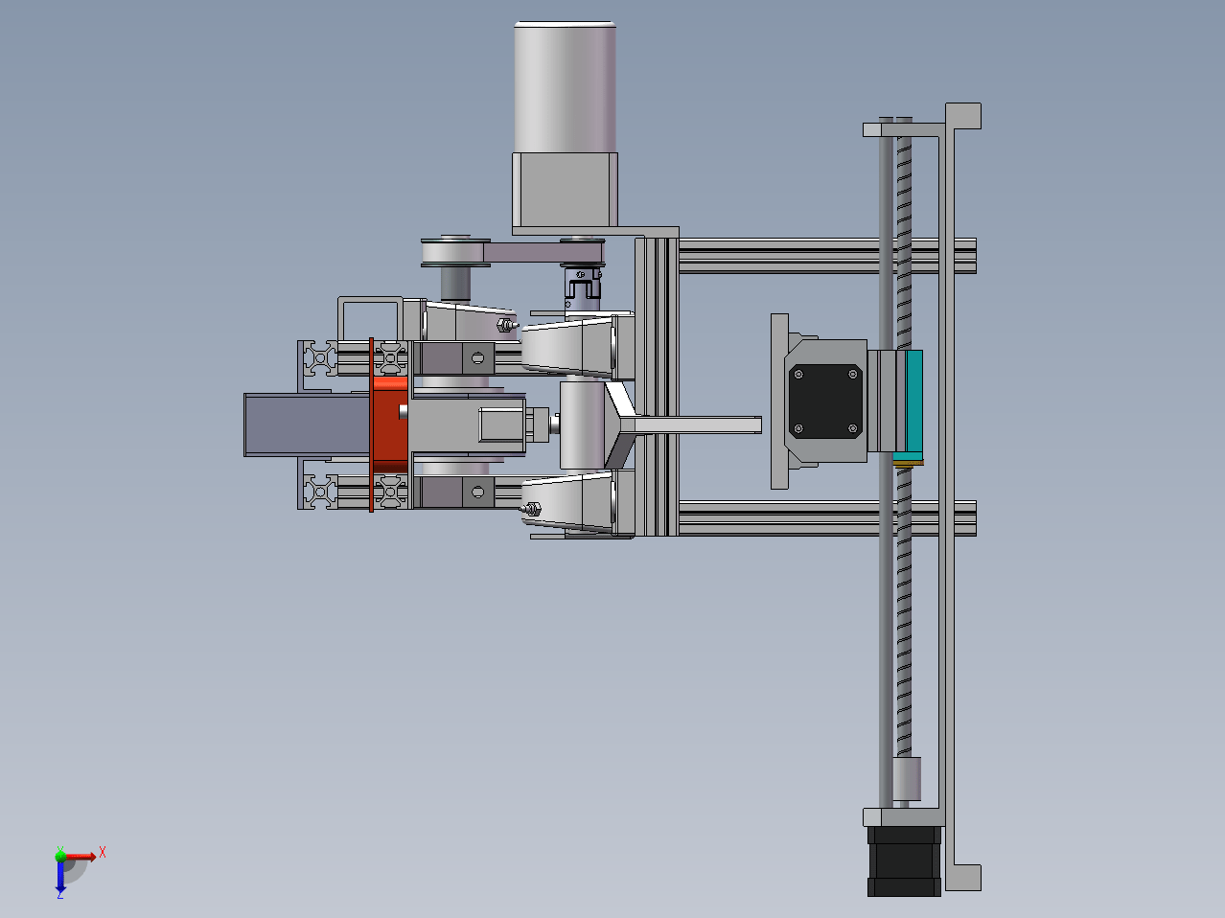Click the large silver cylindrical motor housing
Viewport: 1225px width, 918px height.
click(565, 86)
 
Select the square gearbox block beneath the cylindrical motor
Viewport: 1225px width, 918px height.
click(565, 190)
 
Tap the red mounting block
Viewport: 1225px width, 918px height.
click(389, 425)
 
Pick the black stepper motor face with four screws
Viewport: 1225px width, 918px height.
click(825, 402)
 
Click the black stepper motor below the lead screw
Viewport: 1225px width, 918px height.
click(904, 861)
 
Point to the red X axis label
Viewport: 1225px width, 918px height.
click(103, 852)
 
